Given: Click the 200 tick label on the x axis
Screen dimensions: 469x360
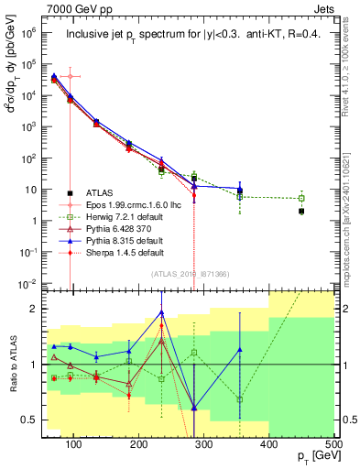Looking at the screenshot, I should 138,444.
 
